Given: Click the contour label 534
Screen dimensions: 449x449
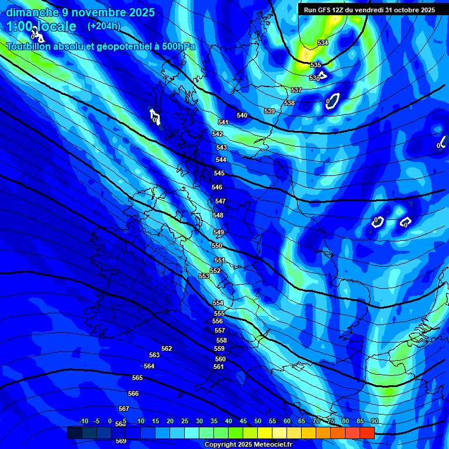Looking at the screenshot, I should tap(323, 43).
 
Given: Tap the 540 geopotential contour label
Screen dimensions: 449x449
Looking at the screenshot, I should tap(242, 115).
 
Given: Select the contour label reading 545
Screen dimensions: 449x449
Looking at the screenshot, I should tap(219, 173).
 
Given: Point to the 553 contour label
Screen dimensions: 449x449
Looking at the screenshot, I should tap(204, 275).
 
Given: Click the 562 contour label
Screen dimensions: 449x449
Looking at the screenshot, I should tap(167, 348).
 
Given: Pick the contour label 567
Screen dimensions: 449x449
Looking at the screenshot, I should tap(124, 409).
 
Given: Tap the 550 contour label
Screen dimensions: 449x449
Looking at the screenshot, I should tap(217, 246).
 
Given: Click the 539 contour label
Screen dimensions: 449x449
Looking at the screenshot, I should tap(270, 111).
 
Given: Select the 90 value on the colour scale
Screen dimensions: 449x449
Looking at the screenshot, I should tap(374, 421).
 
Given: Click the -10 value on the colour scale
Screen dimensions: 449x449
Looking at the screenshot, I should tap(83, 421).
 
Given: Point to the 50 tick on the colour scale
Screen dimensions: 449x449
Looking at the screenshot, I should tap(258, 421).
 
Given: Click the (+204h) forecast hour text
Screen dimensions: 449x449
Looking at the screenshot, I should tap(104, 26).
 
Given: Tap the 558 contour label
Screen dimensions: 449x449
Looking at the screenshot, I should tap(222, 340).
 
